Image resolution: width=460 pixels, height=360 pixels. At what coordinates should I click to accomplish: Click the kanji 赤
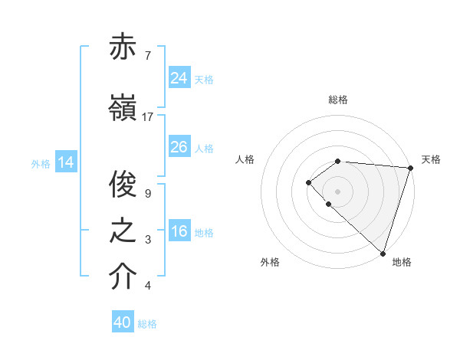tap(123, 47)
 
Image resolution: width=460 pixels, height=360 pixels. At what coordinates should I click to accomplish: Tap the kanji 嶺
tap(123, 109)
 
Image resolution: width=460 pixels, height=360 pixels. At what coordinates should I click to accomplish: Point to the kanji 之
tap(123, 232)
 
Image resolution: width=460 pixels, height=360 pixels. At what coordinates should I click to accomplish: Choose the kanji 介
tap(123, 278)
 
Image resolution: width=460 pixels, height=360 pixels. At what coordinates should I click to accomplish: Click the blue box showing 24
tap(179, 78)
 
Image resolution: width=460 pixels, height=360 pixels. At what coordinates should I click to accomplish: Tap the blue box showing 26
tap(179, 147)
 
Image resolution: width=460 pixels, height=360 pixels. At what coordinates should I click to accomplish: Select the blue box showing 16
tap(179, 231)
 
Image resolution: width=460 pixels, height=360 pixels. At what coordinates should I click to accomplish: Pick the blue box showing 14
tap(66, 162)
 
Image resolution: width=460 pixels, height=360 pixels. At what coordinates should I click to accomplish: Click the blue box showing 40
tap(123, 322)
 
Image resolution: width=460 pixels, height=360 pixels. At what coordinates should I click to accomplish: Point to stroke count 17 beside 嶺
tap(148, 117)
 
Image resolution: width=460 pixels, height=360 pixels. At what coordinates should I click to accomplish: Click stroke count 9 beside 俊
tap(148, 194)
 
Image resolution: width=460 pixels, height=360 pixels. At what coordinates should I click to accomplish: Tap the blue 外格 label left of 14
tap(41, 163)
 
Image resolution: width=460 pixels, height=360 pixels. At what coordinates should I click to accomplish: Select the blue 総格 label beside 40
tap(147, 323)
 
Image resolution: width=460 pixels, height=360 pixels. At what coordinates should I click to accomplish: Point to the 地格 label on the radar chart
tap(402, 262)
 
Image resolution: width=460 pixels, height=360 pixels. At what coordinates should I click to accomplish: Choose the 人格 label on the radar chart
tap(245, 159)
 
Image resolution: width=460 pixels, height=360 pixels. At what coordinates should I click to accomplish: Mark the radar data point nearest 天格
tap(410, 167)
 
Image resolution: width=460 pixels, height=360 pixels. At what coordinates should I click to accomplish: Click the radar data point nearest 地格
tap(383, 253)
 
